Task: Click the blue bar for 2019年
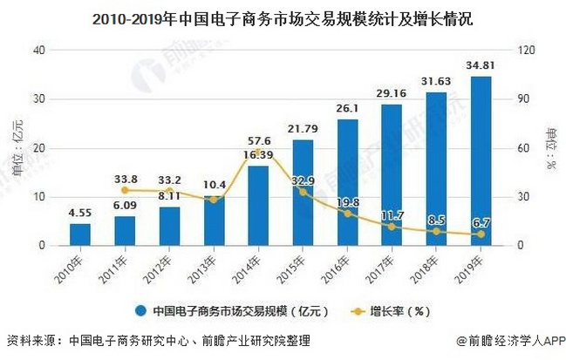pos(480,161)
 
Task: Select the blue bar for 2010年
pos(80,234)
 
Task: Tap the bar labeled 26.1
pos(347,182)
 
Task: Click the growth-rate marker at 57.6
pos(258,152)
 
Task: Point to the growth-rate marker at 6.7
pos(480,234)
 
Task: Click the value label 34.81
pos(480,65)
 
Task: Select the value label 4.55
pos(80,212)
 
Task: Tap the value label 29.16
pos(392,92)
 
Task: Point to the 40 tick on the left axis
pos(38,50)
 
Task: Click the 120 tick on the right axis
pos(527,50)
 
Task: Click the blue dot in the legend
pos(140,309)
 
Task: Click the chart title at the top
pos(283,15)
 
